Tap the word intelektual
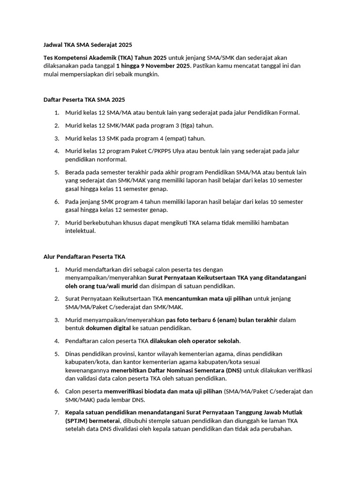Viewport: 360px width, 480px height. [x=80, y=231]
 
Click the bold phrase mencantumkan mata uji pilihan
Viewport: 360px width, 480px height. [x=208, y=299]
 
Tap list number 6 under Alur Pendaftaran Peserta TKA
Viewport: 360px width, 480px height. [x=56, y=391]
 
